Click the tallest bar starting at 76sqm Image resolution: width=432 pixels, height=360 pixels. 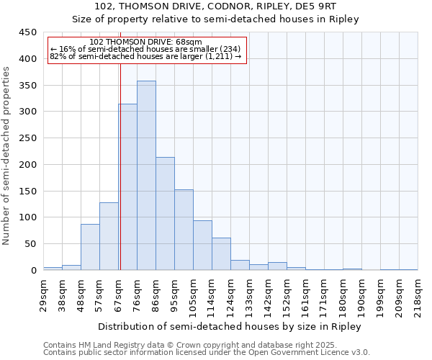click(x=146, y=176)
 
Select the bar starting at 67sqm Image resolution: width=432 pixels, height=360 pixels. click(x=127, y=187)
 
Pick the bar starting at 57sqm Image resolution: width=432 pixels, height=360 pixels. click(x=109, y=236)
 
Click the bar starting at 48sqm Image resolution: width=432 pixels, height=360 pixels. click(x=90, y=247)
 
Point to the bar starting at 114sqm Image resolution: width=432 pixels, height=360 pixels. click(x=221, y=254)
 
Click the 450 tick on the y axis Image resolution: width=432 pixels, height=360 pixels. click(x=28, y=32)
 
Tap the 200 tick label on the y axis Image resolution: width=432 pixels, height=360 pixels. click(x=28, y=165)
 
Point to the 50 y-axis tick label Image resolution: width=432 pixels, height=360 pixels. click(x=31, y=244)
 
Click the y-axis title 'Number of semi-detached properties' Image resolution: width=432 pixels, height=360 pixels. click(x=7, y=156)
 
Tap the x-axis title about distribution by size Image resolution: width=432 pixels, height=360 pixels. click(x=230, y=326)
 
